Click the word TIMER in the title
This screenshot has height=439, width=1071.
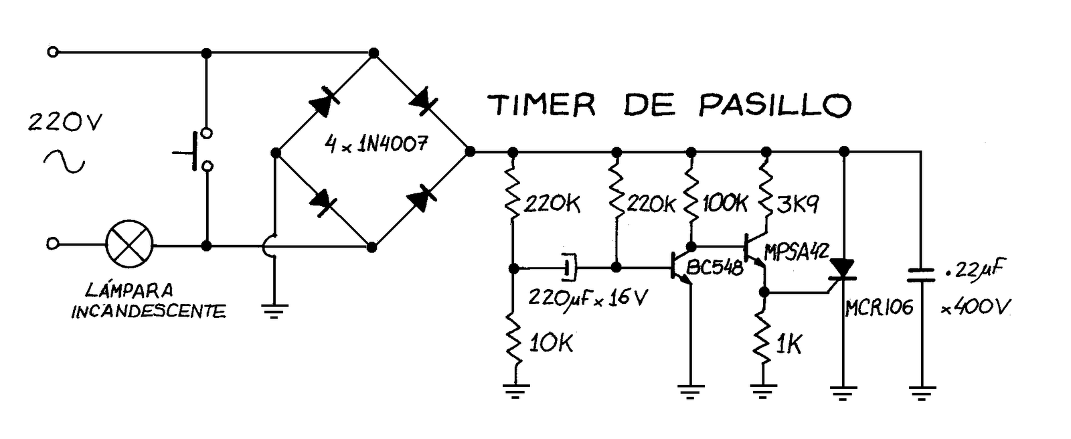pos(542,105)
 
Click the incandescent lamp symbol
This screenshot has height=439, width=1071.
pos(130,244)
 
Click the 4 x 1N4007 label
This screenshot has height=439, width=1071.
pos(375,143)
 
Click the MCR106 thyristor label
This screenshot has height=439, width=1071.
pos(879,307)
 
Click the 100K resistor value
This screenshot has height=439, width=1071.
pos(724,203)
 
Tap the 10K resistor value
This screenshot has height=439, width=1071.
pos(551,344)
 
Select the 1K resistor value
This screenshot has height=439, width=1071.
pos(788,345)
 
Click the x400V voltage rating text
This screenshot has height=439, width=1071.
pos(975,307)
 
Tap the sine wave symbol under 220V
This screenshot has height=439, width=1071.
pos(64,161)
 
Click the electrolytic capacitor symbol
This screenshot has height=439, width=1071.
pos(568,268)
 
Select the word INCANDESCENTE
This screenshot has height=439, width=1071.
pos(149,311)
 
